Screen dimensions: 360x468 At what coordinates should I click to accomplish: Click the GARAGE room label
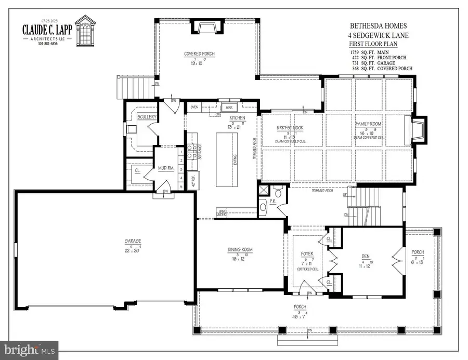point(133,241)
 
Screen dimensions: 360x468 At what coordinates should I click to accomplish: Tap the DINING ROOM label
point(240,250)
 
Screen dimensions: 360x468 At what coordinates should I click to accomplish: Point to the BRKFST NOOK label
point(290,128)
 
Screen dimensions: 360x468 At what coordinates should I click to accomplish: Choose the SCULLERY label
point(147,117)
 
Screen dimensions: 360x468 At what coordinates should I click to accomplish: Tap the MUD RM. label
point(166,168)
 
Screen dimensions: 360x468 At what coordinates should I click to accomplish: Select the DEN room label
point(366,256)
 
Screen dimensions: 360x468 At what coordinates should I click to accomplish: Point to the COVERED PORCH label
point(199,54)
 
